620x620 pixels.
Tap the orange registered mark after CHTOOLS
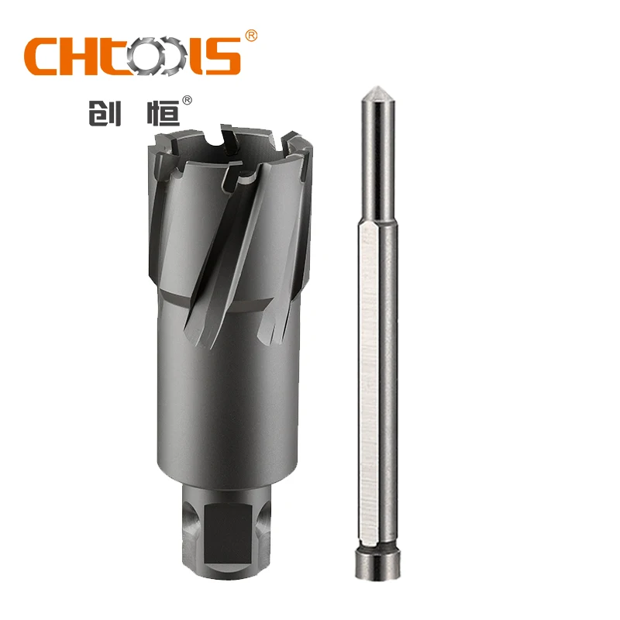[250, 36]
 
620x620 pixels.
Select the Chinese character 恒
[162, 112]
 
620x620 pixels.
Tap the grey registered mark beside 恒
[187, 100]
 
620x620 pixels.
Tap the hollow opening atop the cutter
[232, 147]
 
